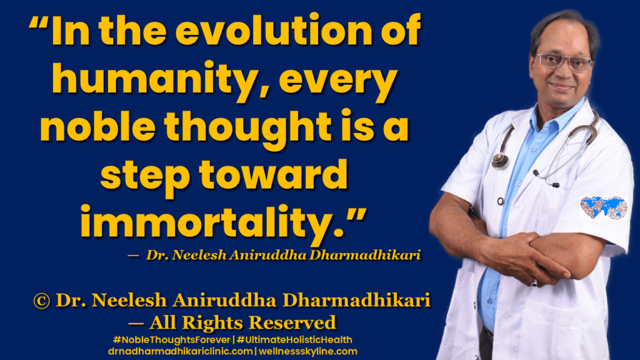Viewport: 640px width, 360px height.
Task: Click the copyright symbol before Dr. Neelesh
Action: [x=41, y=301]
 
